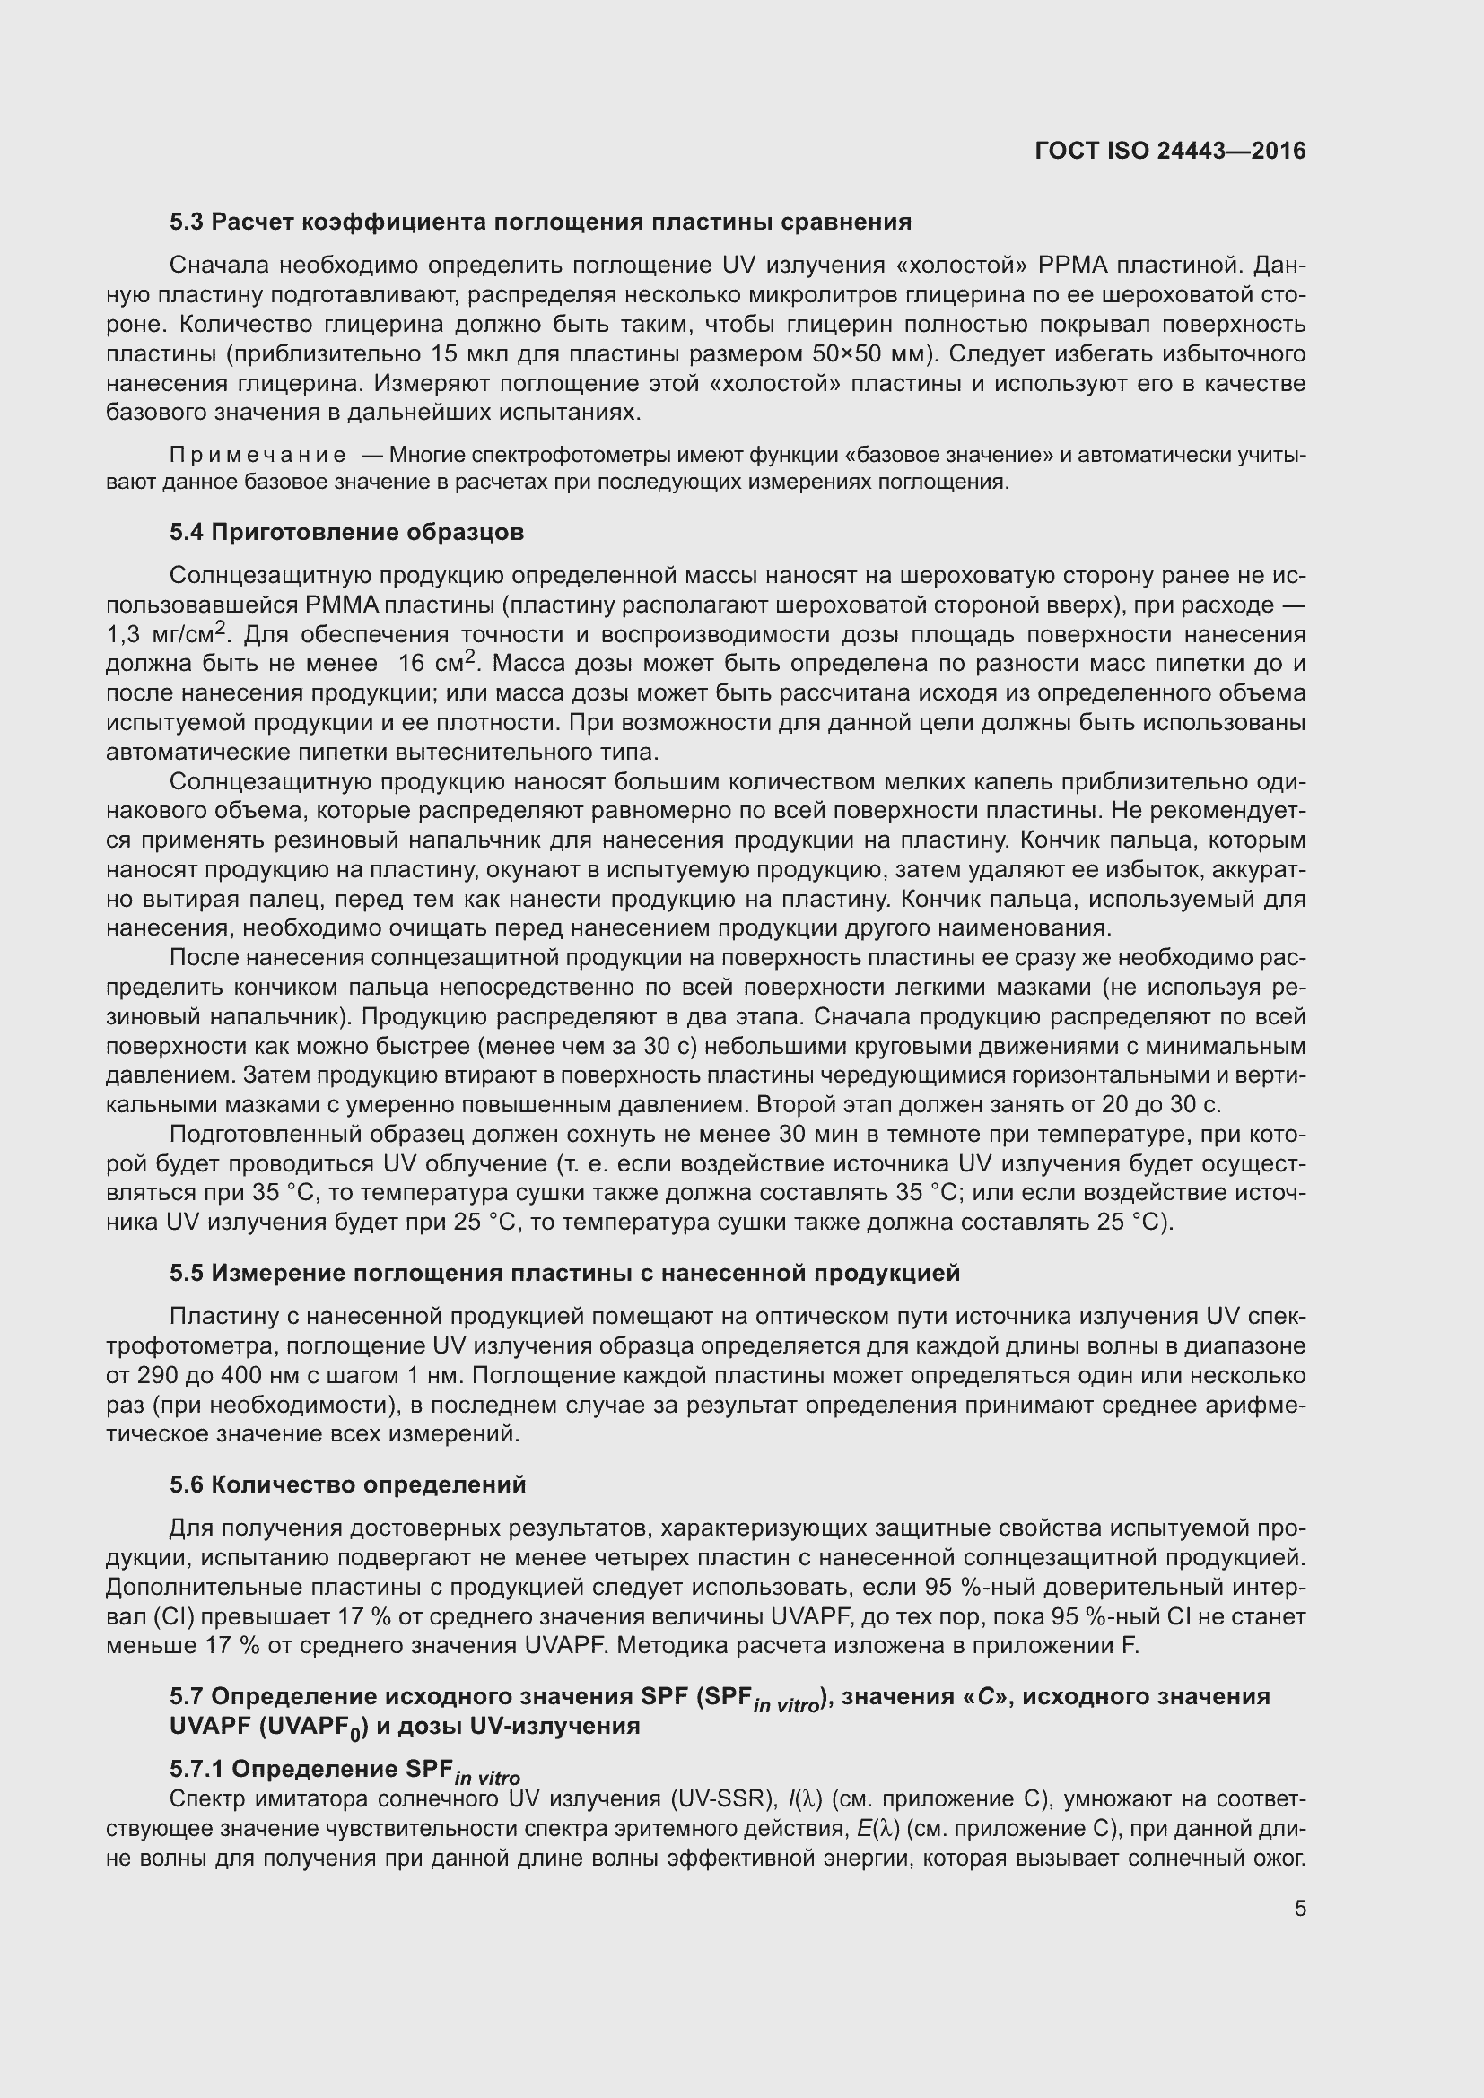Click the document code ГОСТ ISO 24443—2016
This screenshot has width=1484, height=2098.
point(1170,151)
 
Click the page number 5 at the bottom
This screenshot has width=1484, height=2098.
point(1299,1908)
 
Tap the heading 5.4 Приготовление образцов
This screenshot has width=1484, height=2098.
point(346,532)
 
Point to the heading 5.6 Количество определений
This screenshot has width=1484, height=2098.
point(347,1484)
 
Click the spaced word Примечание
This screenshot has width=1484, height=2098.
point(258,455)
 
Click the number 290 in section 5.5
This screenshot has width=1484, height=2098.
point(156,1375)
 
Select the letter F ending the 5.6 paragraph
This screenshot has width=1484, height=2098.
point(1130,1646)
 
